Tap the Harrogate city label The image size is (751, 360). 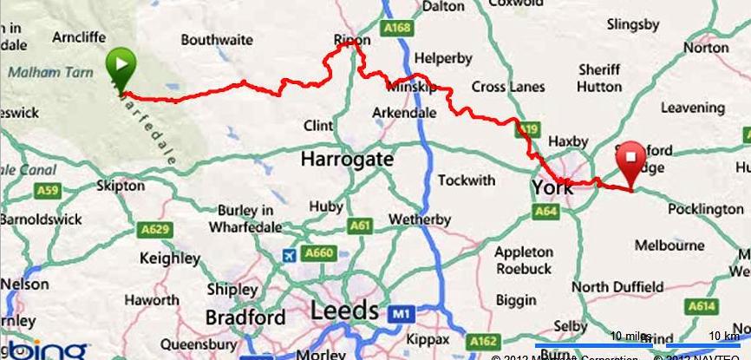click(x=347, y=160)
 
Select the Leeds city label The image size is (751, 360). click(x=345, y=311)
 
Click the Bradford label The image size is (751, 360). click(x=246, y=317)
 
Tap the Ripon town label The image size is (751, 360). click(x=352, y=40)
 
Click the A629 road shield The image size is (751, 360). click(x=153, y=229)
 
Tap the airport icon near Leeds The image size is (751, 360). click(x=291, y=256)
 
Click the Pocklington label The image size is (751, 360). click(x=702, y=209)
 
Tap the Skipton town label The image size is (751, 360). click(x=121, y=186)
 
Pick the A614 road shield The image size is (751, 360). click(x=702, y=306)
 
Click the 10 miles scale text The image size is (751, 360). click(x=630, y=336)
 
